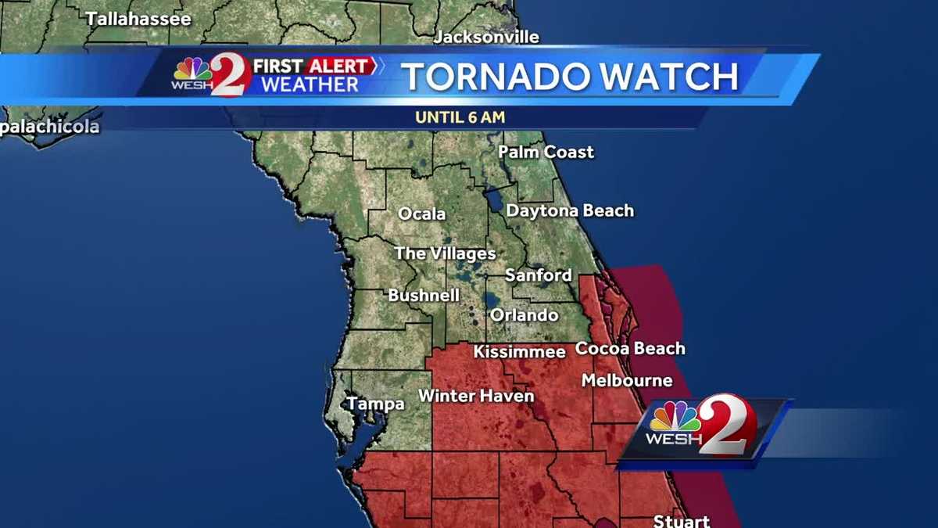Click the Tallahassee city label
pyautogui.click(x=138, y=19)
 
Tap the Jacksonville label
pyautogui.click(x=486, y=37)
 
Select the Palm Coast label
pyautogui.click(x=546, y=152)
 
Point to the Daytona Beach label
pyautogui.click(x=570, y=210)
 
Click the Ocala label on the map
pyautogui.click(x=422, y=214)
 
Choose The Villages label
pyautogui.click(x=445, y=253)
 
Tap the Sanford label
pyautogui.click(x=538, y=275)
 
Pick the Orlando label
pyautogui.click(x=524, y=315)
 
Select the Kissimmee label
pyautogui.click(x=519, y=352)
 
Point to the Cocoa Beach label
pyautogui.click(x=630, y=348)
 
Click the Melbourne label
pyautogui.click(x=626, y=381)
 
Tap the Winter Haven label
pyautogui.click(x=476, y=396)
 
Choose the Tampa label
pyautogui.click(x=375, y=404)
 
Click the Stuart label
pyautogui.click(x=682, y=520)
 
